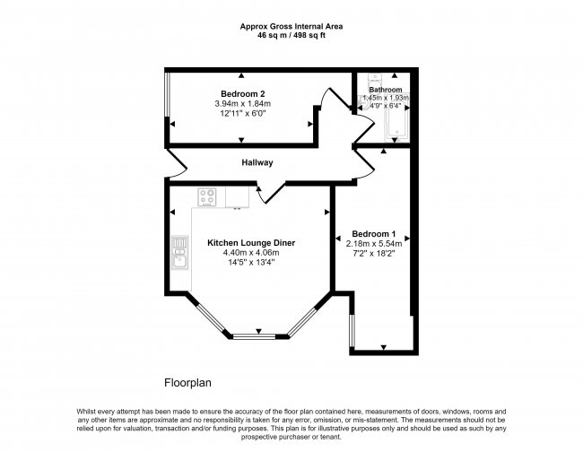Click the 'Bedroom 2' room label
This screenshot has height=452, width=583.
242,94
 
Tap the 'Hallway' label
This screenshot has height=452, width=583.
257,162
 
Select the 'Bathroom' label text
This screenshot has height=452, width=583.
386,90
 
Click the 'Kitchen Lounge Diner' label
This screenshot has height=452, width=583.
251,243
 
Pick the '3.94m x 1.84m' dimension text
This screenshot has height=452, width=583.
242,105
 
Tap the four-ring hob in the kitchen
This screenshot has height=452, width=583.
208,196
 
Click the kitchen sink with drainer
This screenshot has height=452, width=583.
178,254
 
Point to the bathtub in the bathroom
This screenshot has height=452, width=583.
396,123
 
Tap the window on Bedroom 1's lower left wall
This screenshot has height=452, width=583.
351,327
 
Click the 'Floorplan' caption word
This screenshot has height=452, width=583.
187,382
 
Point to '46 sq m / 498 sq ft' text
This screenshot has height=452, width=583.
291,36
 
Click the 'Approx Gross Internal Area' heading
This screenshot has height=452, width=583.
291,26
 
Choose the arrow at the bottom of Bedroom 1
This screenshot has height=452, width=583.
383,346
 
